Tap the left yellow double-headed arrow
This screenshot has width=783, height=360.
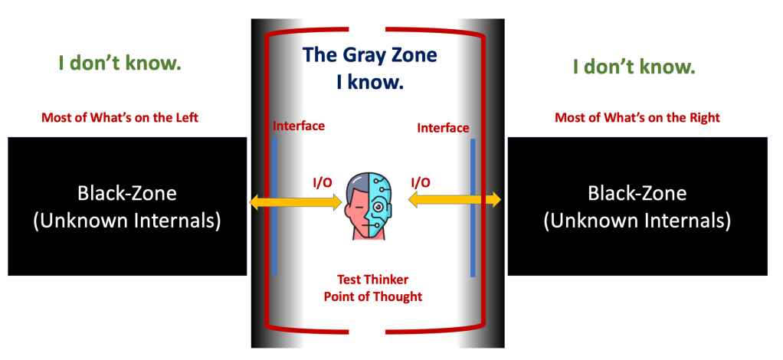point(296,202)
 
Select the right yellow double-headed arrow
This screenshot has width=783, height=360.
point(454,200)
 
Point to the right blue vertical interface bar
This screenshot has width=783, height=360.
point(473,208)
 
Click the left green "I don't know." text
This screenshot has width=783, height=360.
point(120,64)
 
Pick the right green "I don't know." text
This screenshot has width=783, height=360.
point(634,67)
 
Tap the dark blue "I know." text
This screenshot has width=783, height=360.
point(370,82)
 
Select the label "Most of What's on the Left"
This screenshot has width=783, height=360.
point(124,118)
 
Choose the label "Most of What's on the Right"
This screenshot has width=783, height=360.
point(637,118)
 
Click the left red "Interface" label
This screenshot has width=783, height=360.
point(299,126)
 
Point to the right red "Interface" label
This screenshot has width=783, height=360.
point(443,128)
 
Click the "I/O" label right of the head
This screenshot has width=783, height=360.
point(421,182)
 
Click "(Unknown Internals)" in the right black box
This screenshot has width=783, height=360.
point(637,221)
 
